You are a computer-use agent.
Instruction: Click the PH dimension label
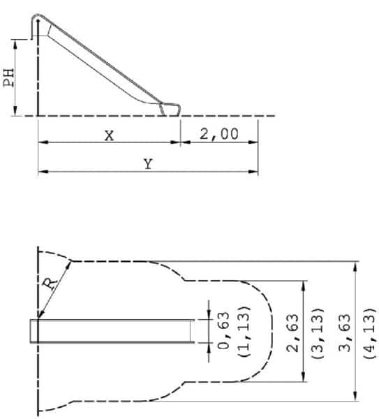point(8,78)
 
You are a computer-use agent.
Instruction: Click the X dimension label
point(110,135)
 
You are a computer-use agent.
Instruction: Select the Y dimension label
point(148,164)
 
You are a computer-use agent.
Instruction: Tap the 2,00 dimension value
point(219,134)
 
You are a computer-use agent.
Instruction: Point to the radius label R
point(50,284)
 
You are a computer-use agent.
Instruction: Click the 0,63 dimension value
point(223,330)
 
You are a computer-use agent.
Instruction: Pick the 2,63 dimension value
point(292,333)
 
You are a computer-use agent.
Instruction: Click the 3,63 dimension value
point(345,333)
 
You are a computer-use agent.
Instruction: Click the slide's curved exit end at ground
point(171,109)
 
